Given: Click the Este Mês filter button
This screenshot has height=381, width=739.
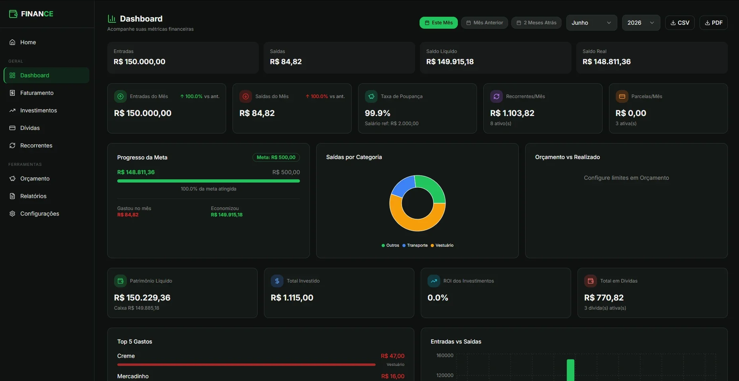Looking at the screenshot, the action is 439,23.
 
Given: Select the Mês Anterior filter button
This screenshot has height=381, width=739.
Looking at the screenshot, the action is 485,23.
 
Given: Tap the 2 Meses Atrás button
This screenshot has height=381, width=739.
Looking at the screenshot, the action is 536,23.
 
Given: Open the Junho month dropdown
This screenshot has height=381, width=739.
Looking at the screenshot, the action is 591,23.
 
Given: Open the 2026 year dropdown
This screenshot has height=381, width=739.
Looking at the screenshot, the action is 641,23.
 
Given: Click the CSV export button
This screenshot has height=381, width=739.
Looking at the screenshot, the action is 680,23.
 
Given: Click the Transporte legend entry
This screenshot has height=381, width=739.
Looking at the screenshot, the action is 415,245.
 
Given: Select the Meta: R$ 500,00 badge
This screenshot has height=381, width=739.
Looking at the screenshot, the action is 276,157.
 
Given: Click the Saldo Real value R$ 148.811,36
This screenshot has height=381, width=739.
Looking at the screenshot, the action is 607,62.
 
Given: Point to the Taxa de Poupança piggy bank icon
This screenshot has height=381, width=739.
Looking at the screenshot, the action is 371,96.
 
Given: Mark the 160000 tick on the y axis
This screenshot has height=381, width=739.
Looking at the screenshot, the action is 445,355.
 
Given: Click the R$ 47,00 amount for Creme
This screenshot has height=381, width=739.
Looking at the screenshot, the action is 392,356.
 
